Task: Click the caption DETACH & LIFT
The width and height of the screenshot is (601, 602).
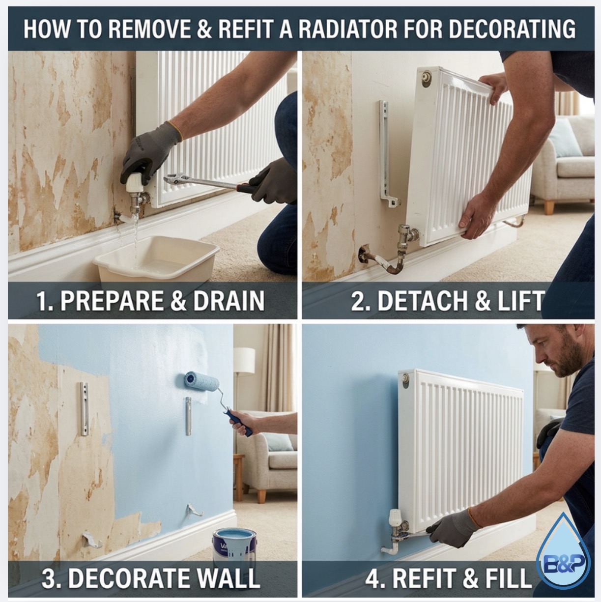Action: click(447, 301)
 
